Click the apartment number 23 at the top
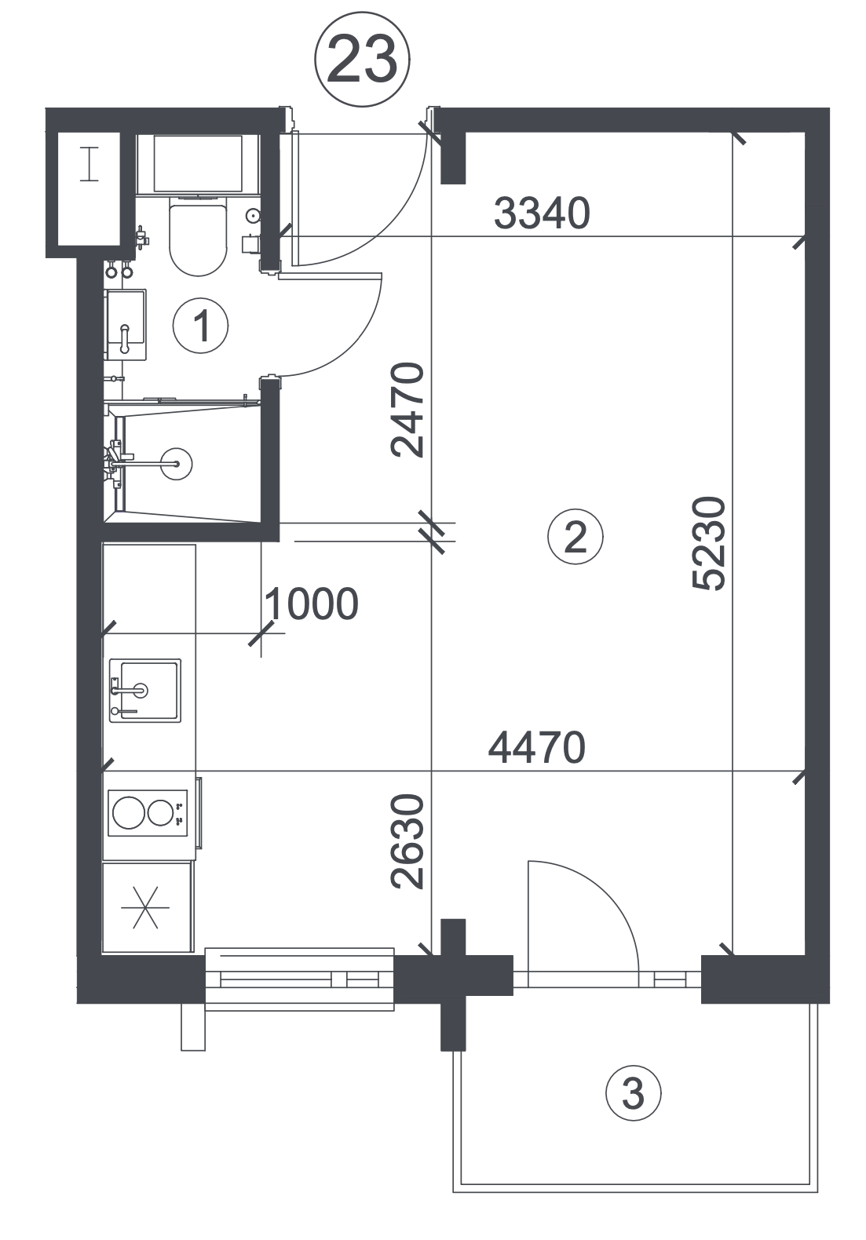[362, 59]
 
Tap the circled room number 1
[200, 326]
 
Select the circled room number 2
[576, 536]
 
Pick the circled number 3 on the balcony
[634, 1093]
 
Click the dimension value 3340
[542, 213]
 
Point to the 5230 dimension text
[708, 543]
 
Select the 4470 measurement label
[536, 747]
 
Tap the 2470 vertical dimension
[407, 410]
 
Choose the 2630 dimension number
[407, 841]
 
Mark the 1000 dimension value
[312, 604]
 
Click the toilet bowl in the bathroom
[198, 239]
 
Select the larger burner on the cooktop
[129, 812]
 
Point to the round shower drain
[176, 464]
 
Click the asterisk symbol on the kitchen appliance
[145, 907]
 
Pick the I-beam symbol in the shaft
[90, 164]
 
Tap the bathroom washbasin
[126, 324]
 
